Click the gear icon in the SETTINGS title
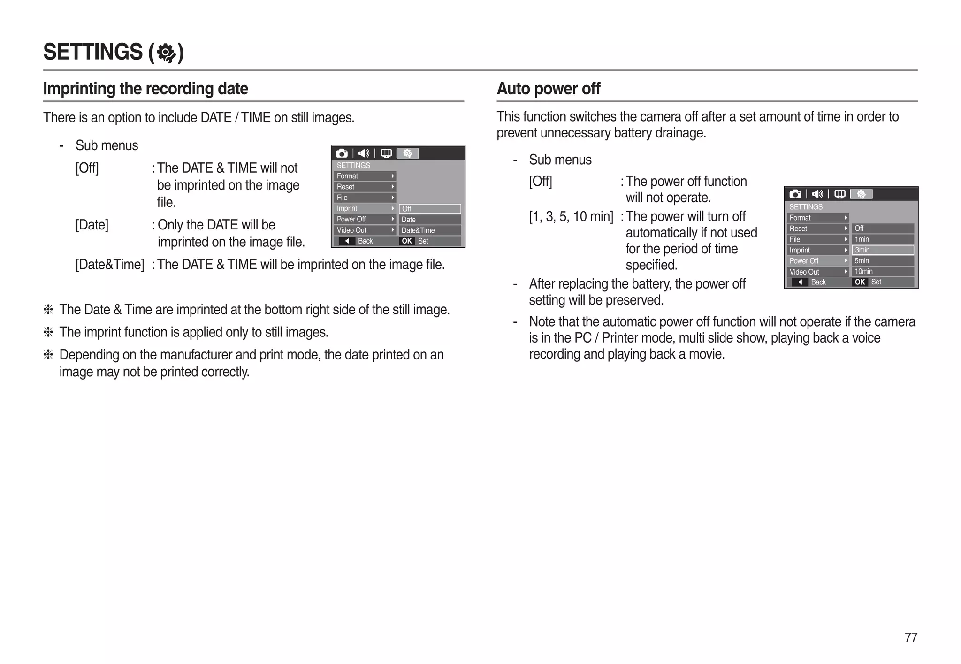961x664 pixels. coord(166,53)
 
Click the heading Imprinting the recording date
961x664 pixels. coord(145,89)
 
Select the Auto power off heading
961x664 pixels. coord(548,89)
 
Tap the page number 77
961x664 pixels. coord(910,637)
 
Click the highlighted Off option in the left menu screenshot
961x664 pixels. coord(429,209)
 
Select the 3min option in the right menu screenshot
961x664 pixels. coord(882,250)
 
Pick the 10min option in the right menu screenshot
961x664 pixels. coord(882,271)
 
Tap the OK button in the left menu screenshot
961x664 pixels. coord(407,241)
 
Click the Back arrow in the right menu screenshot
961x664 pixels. coord(800,282)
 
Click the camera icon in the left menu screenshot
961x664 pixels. coord(342,153)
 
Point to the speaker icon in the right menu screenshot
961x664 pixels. coord(817,194)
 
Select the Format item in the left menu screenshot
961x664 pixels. coord(365,176)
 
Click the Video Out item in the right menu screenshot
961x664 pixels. coord(817,272)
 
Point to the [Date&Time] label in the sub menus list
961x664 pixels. coord(110,265)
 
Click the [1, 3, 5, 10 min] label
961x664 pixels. coord(571,216)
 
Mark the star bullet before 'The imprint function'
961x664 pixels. coord(48,332)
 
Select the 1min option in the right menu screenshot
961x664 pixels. coord(882,239)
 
